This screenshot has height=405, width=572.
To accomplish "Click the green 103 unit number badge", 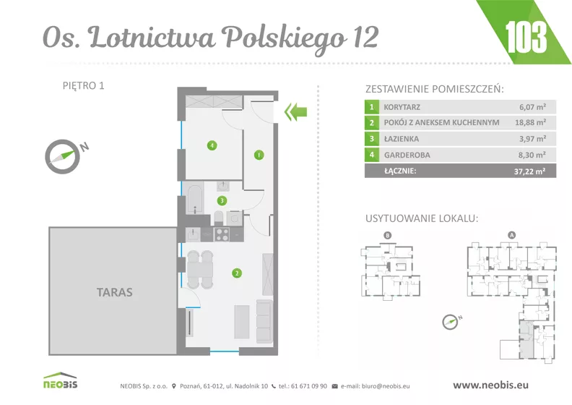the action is pyautogui.click(x=526, y=37).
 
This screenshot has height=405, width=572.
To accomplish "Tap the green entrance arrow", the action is pyautogui.click(x=296, y=112).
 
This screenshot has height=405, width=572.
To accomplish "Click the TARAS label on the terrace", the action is pyautogui.click(x=115, y=292).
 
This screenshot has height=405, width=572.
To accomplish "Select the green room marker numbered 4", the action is pyautogui.click(x=212, y=145).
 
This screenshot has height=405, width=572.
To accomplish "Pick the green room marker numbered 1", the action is pyautogui.click(x=259, y=155).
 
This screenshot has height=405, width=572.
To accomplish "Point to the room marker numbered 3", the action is pyautogui.click(x=222, y=200).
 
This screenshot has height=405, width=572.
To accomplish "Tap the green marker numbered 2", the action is pyautogui.click(x=237, y=273).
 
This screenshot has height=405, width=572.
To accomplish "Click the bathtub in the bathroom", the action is pyautogui.click(x=195, y=199).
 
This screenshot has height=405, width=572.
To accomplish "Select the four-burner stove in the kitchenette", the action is pyautogui.click(x=222, y=234).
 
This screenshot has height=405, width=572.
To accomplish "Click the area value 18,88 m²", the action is pyautogui.click(x=530, y=123).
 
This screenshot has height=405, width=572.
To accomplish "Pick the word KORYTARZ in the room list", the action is pyautogui.click(x=402, y=107).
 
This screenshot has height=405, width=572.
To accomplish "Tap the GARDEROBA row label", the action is pyautogui.click(x=407, y=155).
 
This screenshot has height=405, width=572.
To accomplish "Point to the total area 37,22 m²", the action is pyautogui.click(x=529, y=171).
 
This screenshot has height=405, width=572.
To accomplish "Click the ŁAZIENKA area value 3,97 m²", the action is pyautogui.click(x=532, y=139).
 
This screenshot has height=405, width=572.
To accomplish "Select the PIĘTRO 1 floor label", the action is pyautogui.click(x=84, y=85).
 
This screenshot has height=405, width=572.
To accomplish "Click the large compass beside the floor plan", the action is pyautogui.click(x=63, y=156).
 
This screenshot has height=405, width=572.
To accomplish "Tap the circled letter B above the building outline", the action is pyautogui.click(x=387, y=235).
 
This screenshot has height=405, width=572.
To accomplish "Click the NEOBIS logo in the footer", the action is pyautogui.click(x=61, y=380).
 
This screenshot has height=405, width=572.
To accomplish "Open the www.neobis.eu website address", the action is pyautogui.click(x=490, y=385).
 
